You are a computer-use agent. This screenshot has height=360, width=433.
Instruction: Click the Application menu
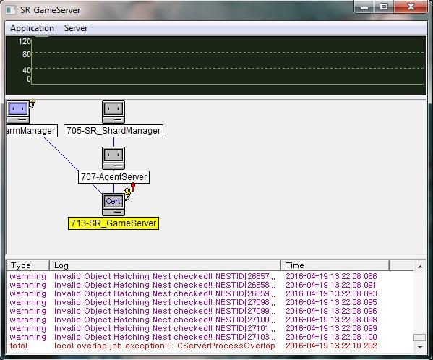tap(32, 28)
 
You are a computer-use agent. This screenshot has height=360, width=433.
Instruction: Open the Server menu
tap(76, 28)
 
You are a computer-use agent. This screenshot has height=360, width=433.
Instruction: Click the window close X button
tap(411, 7)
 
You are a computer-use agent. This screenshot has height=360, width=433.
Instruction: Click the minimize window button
tap(364, 7)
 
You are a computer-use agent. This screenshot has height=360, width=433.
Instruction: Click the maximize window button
tap(384, 7)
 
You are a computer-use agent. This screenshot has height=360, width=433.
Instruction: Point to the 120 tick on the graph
tap(25, 41)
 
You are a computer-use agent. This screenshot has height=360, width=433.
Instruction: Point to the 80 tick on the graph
tap(27, 54)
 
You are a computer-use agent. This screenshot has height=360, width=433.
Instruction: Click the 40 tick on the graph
tap(27, 70)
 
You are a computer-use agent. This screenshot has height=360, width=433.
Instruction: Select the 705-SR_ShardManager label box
tap(113, 131)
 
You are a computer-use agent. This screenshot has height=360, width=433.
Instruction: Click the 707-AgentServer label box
tap(113, 176)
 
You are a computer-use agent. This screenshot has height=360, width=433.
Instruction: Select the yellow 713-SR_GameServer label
tap(113, 223)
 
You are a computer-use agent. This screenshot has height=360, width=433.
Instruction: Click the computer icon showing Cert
tap(113, 205)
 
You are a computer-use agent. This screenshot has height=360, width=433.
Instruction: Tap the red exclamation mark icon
tap(133, 187)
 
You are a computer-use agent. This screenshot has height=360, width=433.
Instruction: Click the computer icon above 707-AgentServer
tap(113, 158)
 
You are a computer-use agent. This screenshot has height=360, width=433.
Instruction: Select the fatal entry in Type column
tap(19, 346)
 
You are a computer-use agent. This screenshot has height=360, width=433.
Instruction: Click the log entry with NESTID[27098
tap(165, 302)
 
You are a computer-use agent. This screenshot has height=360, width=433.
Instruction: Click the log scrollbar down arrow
tap(420, 347)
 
